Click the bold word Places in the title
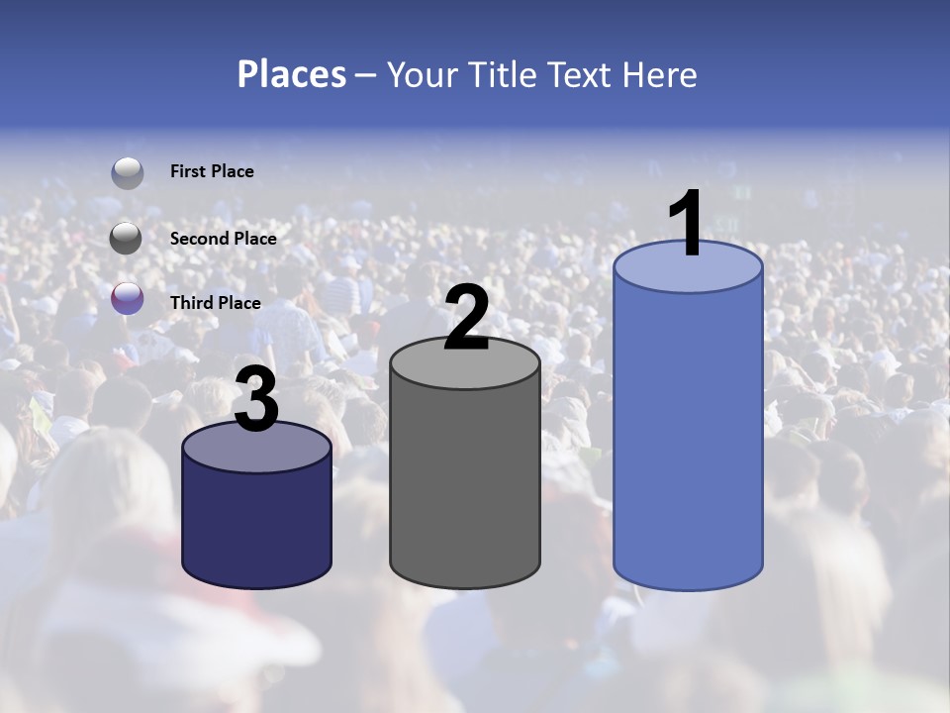292,74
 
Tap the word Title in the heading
502,74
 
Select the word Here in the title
659,74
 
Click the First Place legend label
212,171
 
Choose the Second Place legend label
223,239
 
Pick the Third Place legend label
215,303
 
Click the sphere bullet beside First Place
127,172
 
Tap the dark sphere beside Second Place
127,238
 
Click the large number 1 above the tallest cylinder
686,225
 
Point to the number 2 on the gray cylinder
466,318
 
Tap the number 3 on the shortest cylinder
256,400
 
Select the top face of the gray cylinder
465,369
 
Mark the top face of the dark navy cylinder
256,452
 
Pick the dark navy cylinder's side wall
256,525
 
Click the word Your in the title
422,74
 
